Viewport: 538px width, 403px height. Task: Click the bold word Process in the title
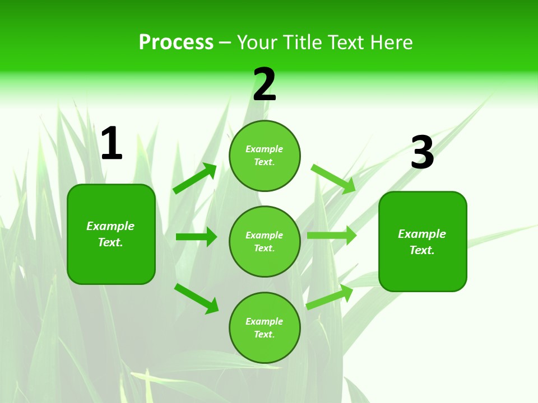176,43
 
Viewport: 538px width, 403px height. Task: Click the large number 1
112,144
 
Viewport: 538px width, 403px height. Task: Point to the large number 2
265,85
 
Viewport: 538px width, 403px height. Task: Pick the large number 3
423,153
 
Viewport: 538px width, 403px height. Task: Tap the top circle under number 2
265,156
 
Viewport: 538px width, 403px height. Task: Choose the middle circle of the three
265,241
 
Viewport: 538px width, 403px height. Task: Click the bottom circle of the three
265,327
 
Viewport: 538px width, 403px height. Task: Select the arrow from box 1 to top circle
195,179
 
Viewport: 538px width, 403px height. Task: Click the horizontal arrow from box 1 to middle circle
196,237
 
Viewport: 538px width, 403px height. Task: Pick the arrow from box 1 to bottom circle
197,298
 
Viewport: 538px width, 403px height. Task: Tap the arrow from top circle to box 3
333,179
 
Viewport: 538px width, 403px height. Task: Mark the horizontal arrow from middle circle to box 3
332,236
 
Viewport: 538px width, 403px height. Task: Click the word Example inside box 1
110,226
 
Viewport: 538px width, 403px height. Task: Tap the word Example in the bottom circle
265,321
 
